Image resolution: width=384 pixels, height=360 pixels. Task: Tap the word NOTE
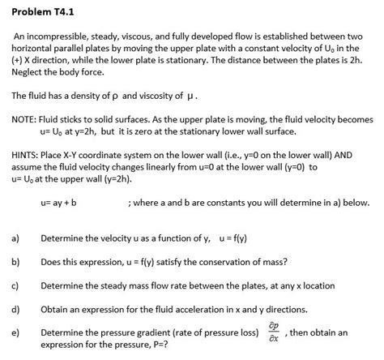click(25, 119)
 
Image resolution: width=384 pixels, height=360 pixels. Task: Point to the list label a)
click(15, 238)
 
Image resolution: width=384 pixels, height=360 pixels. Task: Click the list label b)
click(15, 262)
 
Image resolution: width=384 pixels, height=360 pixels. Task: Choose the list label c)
click(15, 285)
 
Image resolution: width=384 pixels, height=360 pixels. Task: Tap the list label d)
click(15, 309)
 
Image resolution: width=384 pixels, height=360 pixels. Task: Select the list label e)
click(15, 332)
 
